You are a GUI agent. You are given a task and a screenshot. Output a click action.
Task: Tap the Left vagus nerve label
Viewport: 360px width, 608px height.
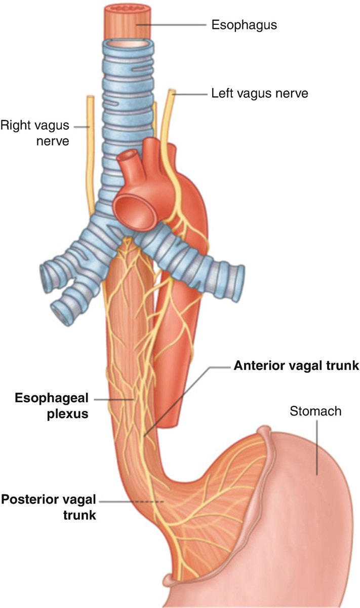pos(258,93)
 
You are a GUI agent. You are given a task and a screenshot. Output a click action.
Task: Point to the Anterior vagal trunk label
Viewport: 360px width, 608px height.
pos(296,366)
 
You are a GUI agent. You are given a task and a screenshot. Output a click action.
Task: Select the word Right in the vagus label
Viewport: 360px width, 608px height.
pos(14,124)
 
